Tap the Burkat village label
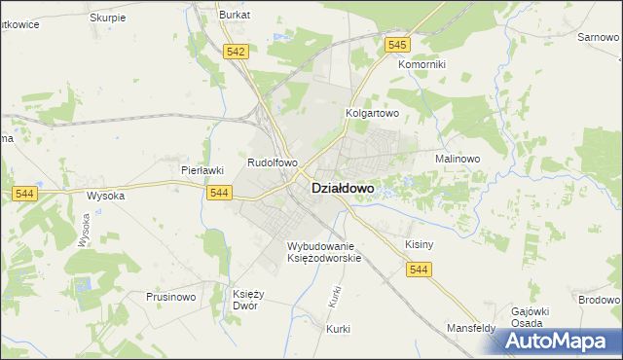[235, 16]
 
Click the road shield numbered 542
[234, 53]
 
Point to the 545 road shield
[396, 45]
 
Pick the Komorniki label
[421, 64]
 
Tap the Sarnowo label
[599, 37]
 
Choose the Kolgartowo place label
[373, 113]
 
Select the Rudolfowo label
[272, 163]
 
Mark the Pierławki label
[203, 169]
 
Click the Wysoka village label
[106, 195]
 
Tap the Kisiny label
[418, 244]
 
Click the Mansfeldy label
[471, 329]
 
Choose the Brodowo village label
[598, 301]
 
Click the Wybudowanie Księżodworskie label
[324, 252]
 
